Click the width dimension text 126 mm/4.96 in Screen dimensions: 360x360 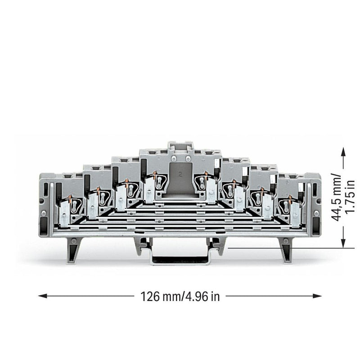(x=180, y=297)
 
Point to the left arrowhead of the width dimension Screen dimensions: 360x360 (x=42, y=296)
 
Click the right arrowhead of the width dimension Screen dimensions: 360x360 (x=317, y=296)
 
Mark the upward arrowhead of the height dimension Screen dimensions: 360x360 (x=343, y=152)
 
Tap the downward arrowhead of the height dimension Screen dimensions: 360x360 (x=343, y=243)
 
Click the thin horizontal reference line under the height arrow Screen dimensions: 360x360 (x=291, y=248)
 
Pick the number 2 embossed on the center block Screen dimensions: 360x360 (x=180, y=175)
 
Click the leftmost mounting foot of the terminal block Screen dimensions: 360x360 (x=73, y=250)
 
